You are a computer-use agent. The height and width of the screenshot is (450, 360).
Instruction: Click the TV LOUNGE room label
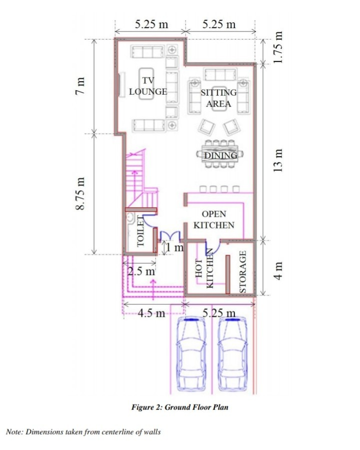tap(147, 86)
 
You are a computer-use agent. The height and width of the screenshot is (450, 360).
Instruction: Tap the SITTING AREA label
tap(218, 98)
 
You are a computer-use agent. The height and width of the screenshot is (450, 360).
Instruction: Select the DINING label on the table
tap(220, 156)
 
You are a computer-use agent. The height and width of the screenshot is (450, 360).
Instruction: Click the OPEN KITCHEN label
tap(213, 220)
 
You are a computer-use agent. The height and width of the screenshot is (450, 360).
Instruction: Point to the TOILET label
tap(141, 234)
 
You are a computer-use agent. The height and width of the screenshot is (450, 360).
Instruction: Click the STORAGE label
tap(243, 272)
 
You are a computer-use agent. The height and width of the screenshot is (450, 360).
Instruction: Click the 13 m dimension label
tap(279, 160)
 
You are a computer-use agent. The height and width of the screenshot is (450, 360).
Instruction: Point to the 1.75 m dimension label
tap(279, 48)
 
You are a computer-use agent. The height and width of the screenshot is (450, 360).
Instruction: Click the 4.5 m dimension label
tap(151, 313)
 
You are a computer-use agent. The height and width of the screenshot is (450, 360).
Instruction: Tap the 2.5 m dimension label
tap(141, 272)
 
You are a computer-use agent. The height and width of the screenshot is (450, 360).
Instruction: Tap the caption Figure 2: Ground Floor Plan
tap(180, 407)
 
